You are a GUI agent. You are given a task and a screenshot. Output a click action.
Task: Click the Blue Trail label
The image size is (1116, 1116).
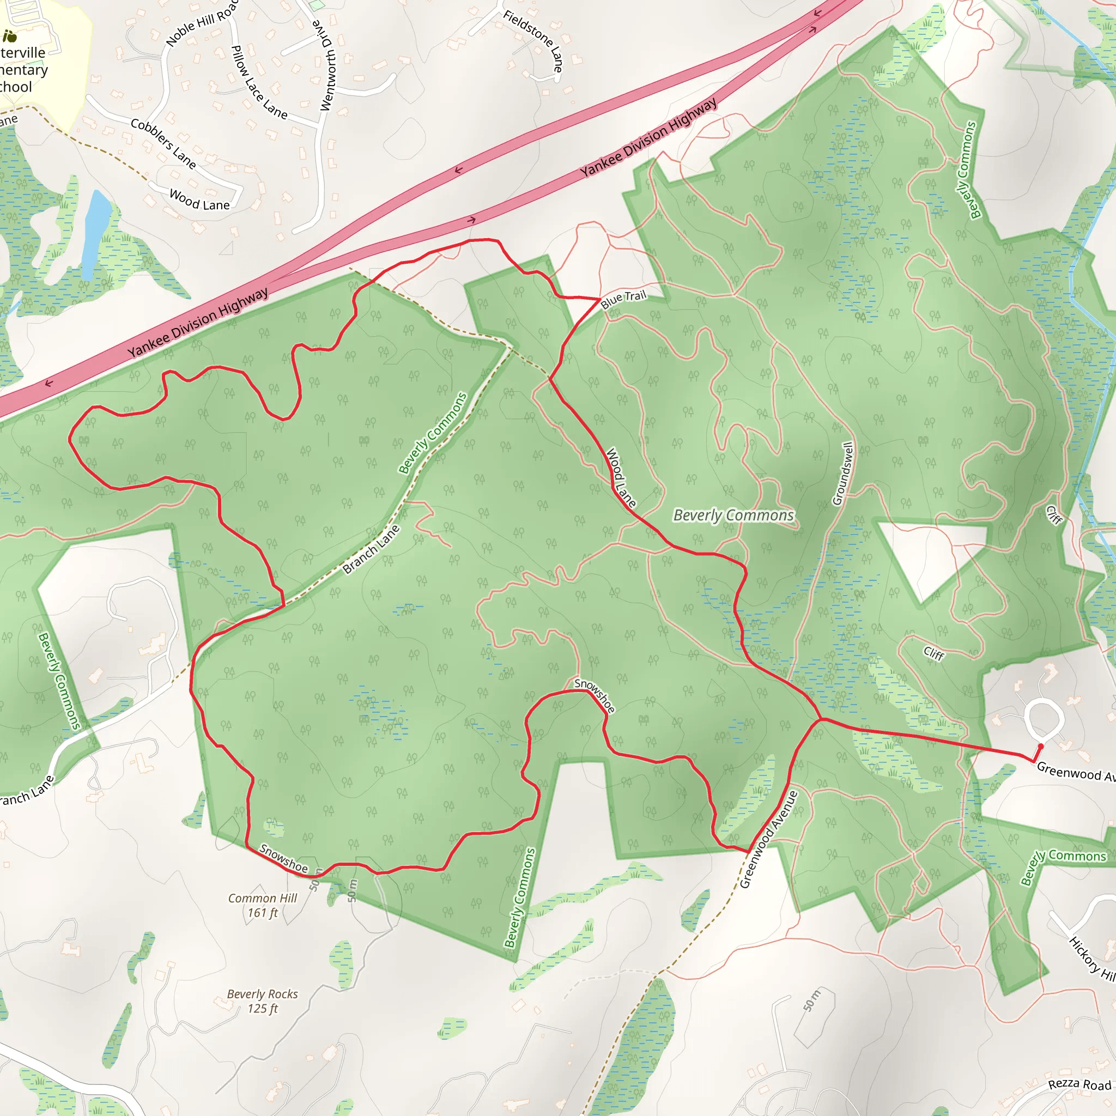tap(623, 299)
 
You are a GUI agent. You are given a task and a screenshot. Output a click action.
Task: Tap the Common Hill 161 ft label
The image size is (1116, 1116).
tap(262, 905)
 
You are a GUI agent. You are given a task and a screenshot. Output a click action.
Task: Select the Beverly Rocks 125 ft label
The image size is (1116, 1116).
tap(262, 1001)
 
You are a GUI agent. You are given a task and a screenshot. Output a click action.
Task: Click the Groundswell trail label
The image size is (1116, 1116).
tap(843, 474)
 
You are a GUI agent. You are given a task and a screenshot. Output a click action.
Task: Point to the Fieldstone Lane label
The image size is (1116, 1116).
tap(533, 41)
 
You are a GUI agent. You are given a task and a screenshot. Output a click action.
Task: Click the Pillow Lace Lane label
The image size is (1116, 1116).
tap(258, 83)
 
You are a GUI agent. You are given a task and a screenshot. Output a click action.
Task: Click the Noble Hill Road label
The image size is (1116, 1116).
tap(201, 23)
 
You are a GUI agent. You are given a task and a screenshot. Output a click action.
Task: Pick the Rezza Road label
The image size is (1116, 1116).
tap(1079, 1084)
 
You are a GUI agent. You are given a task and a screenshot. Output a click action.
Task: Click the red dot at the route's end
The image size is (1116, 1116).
tap(1041, 747)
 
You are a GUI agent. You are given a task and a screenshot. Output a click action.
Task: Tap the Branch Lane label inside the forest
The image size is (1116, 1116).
tap(371, 549)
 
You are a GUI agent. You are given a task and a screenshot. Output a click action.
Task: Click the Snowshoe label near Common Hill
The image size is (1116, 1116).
tap(283, 858)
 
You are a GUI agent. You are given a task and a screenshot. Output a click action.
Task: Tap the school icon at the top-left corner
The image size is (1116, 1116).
tap(10, 37)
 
